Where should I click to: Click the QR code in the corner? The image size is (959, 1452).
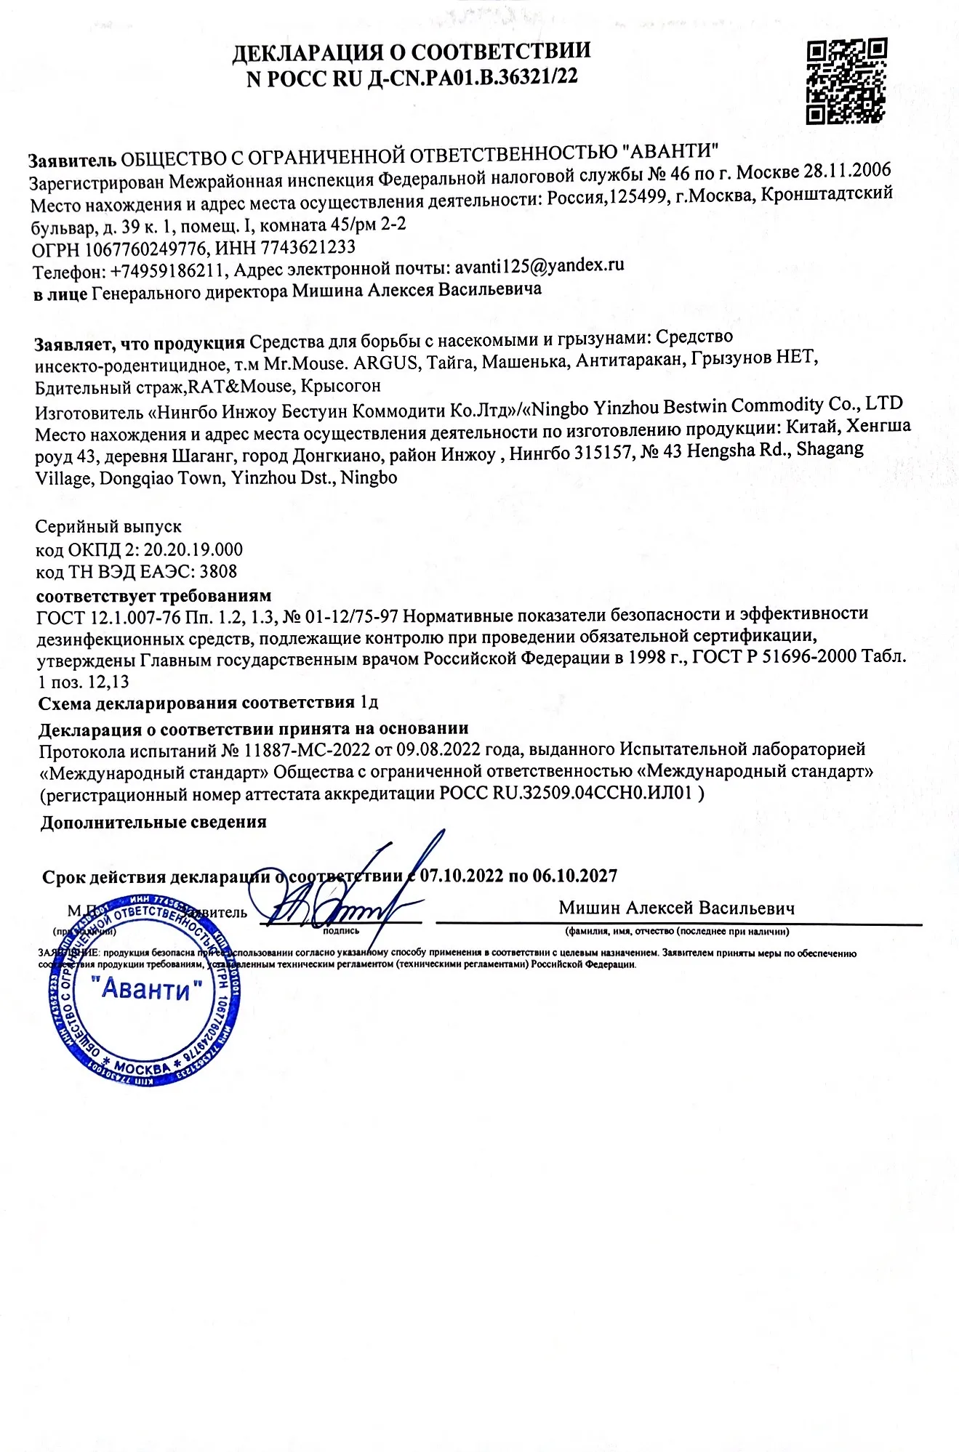[x=846, y=81]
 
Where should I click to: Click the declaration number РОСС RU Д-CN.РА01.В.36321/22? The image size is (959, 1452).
[x=412, y=78]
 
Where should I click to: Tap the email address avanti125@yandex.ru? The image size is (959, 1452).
[x=539, y=266]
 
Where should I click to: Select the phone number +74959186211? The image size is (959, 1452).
[x=169, y=272]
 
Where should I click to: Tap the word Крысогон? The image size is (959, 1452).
[x=341, y=384]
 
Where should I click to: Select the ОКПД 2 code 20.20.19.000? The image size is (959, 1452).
[x=193, y=549]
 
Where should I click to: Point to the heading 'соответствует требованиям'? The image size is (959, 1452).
[x=153, y=596]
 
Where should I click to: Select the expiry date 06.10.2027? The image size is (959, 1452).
[x=574, y=876]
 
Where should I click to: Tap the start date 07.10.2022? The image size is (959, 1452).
[x=462, y=876]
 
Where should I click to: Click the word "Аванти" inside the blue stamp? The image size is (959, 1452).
[x=146, y=989]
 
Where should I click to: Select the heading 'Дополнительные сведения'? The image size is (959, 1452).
[x=153, y=822]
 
